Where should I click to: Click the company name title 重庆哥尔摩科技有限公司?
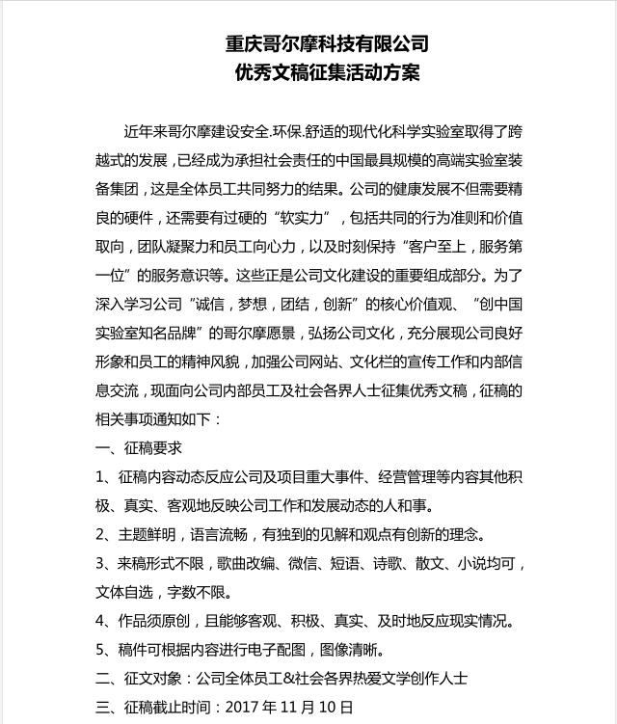[327, 44]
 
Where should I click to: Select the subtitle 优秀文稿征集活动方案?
[327, 73]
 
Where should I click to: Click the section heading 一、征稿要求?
[139, 448]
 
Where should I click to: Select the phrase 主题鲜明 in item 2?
[148, 534]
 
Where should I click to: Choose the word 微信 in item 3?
[307, 563]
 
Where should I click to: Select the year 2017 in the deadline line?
[243, 707]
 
